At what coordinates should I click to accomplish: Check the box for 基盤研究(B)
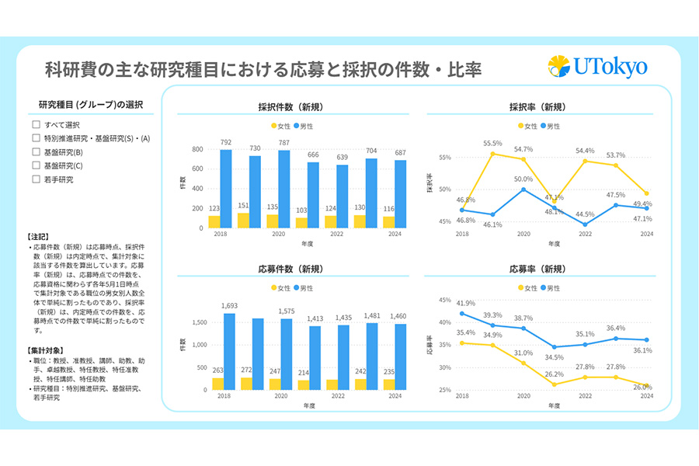click(x=36, y=151)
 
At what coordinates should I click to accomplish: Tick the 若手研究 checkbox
click(x=36, y=179)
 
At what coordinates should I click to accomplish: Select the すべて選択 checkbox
click(x=36, y=124)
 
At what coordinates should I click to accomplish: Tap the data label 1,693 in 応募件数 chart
click(x=229, y=307)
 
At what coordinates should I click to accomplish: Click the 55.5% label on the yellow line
click(x=492, y=144)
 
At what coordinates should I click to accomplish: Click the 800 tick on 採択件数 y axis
click(x=197, y=149)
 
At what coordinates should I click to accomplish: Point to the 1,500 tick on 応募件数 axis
click(x=198, y=322)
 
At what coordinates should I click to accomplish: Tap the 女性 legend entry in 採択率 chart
click(x=527, y=126)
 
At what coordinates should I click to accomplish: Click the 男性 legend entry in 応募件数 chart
click(x=303, y=288)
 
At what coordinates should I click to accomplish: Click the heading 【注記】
click(x=38, y=236)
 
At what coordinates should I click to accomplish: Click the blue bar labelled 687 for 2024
click(x=400, y=194)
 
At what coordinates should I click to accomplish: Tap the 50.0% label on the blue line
click(x=523, y=179)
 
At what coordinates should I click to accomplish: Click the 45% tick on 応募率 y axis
click(x=445, y=300)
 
